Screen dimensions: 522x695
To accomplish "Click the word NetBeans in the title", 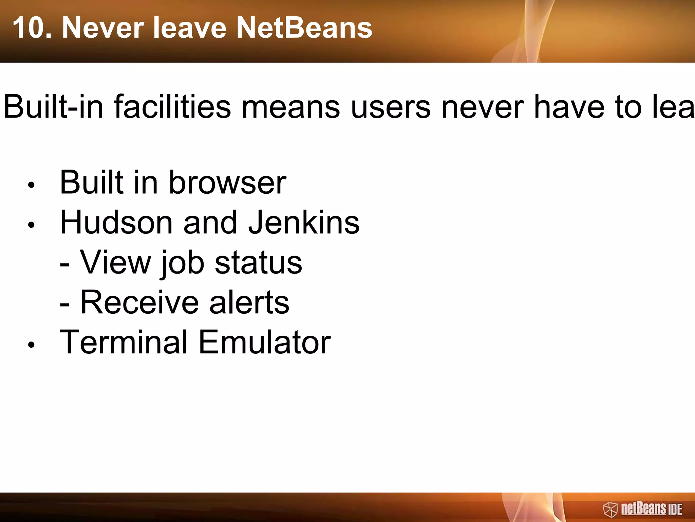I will point(304,28).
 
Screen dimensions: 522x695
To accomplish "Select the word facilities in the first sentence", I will point(173,107).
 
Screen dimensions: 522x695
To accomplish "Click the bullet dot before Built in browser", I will point(32,185).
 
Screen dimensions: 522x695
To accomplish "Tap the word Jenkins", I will point(304,223).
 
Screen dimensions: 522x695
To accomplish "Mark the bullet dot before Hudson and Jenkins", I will point(32,225).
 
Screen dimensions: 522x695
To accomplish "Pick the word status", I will point(258,263).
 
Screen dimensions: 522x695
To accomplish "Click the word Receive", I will point(139,302).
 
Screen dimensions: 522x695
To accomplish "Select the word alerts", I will point(249,302).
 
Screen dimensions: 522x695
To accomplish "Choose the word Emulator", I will point(264,342).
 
